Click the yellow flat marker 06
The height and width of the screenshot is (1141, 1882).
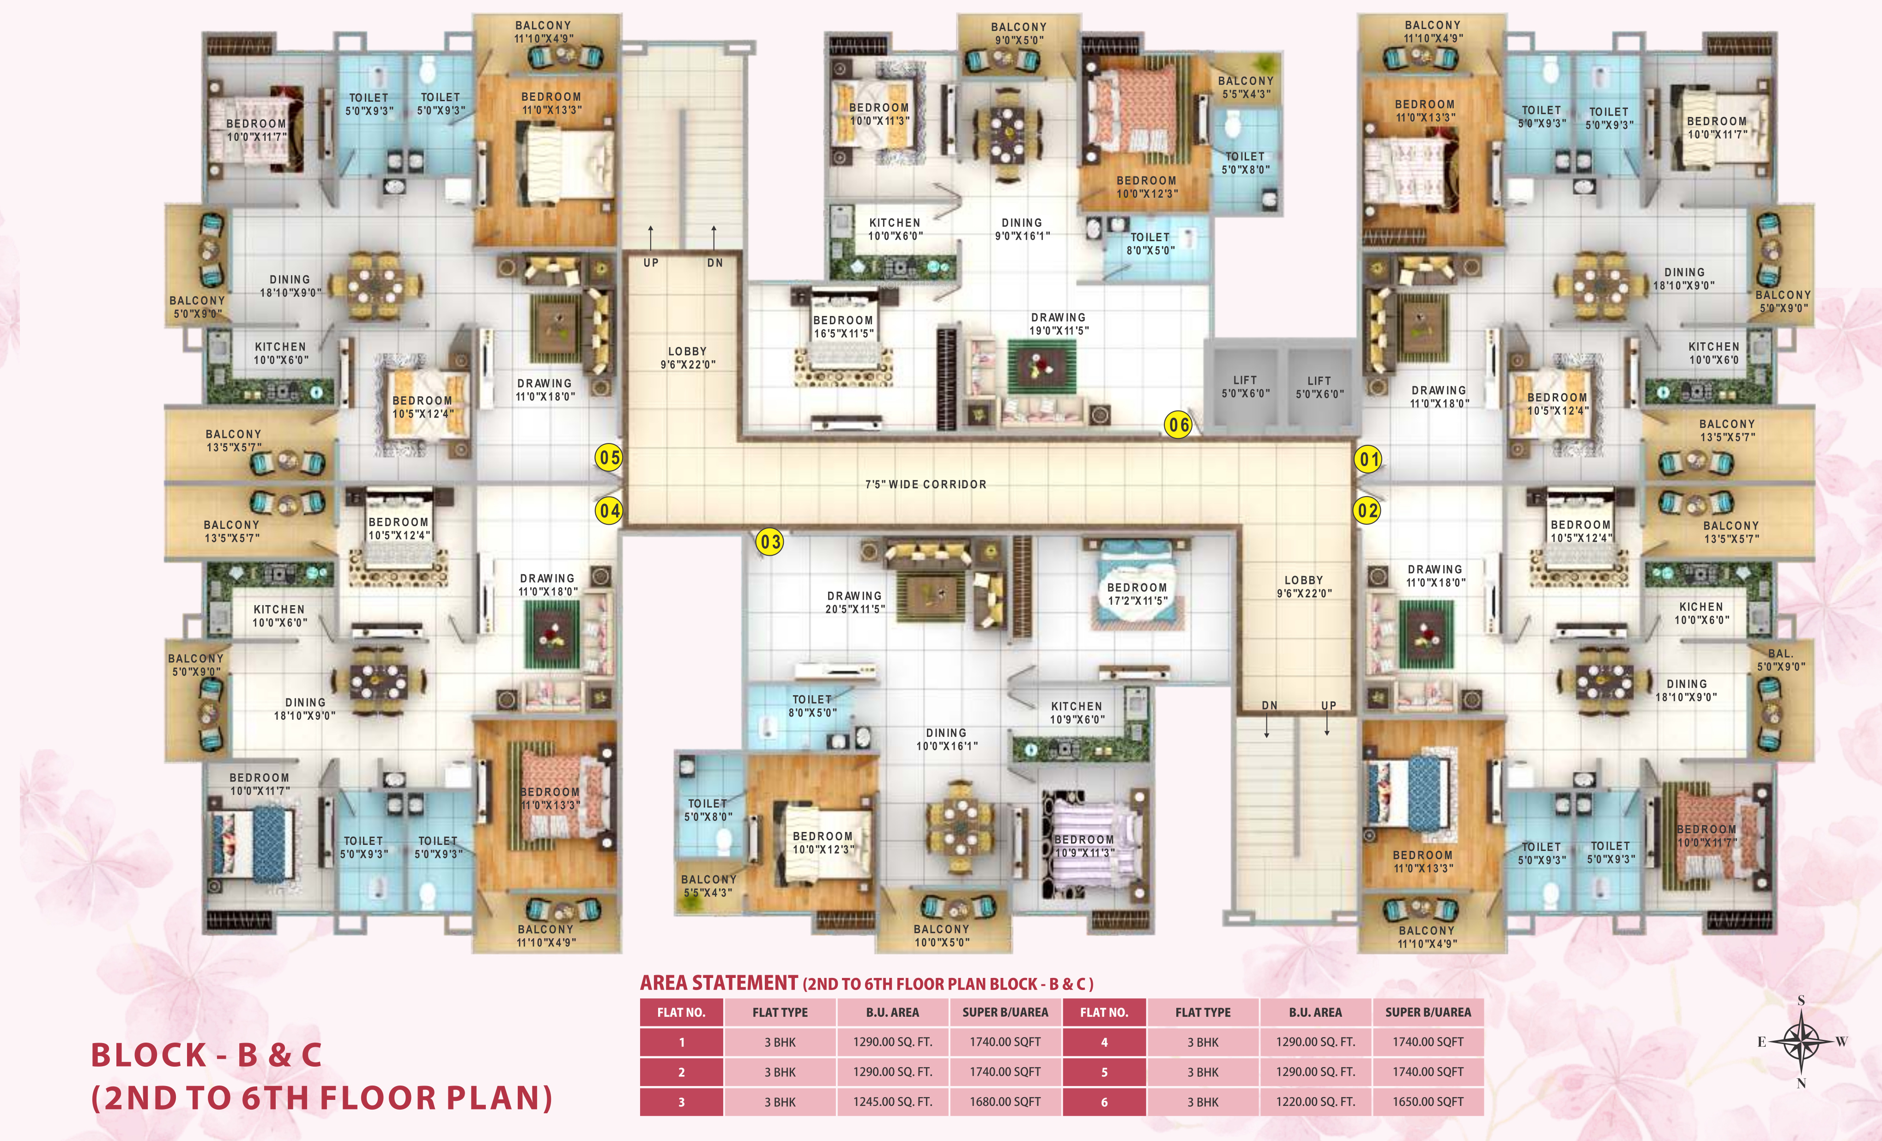click(x=1178, y=425)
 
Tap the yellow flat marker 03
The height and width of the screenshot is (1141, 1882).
click(x=770, y=542)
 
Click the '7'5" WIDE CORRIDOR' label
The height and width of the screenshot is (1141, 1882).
click(x=926, y=484)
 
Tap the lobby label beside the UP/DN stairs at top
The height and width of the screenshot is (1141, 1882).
click(x=687, y=358)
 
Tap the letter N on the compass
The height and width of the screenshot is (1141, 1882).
click(x=1801, y=1083)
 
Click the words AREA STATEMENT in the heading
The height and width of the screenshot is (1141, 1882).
click(x=719, y=983)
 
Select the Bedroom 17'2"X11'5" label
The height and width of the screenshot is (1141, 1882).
click(x=1138, y=594)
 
